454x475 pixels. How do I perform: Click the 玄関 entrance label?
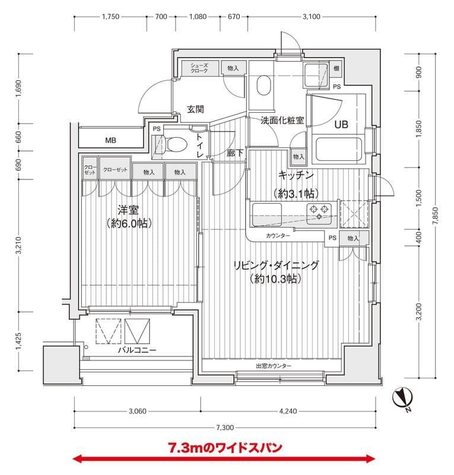[x=195, y=109]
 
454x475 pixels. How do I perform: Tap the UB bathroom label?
[x=341, y=125]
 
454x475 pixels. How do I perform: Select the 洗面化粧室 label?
[x=282, y=120]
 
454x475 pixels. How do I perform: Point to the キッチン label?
[x=296, y=175]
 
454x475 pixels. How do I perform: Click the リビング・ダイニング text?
[x=275, y=265]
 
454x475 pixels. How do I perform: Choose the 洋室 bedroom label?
[x=128, y=210]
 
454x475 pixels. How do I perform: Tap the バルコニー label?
[x=136, y=350]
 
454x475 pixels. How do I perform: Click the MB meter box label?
[x=110, y=141]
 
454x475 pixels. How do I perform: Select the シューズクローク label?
[x=199, y=68]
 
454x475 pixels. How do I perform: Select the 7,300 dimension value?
[x=225, y=427]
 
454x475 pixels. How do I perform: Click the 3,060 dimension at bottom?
[x=137, y=411]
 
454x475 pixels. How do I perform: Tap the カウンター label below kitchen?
[x=278, y=236]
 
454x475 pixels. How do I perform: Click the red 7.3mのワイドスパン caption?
[x=225, y=447]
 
